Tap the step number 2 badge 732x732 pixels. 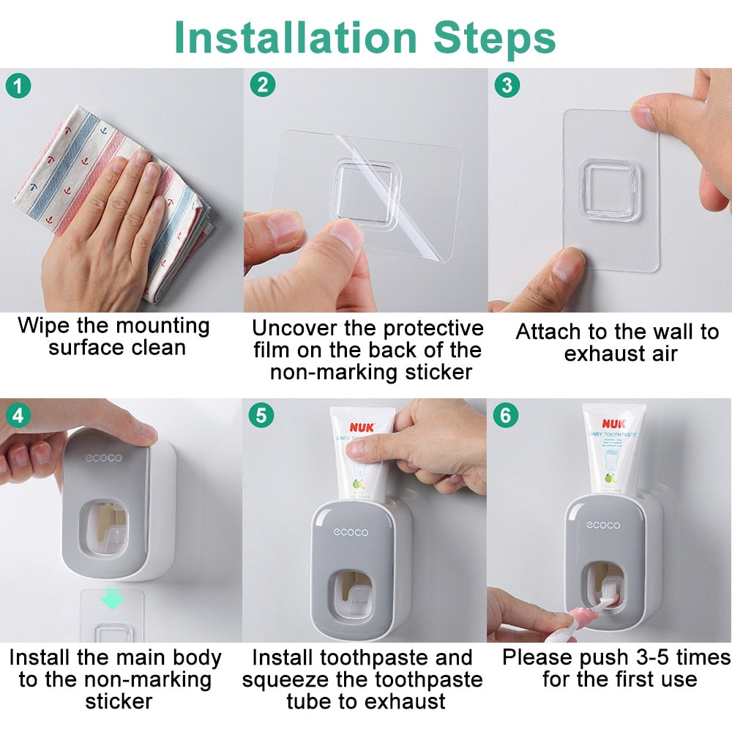(x=262, y=85)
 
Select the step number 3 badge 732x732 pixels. (x=507, y=85)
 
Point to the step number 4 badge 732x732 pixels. (x=18, y=415)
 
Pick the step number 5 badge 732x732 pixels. (x=262, y=415)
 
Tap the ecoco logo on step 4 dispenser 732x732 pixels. (x=103, y=458)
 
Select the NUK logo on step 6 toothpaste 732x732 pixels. (x=613, y=423)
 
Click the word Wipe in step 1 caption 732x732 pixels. (x=44, y=325)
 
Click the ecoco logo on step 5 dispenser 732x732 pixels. (x=352, y=532)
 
